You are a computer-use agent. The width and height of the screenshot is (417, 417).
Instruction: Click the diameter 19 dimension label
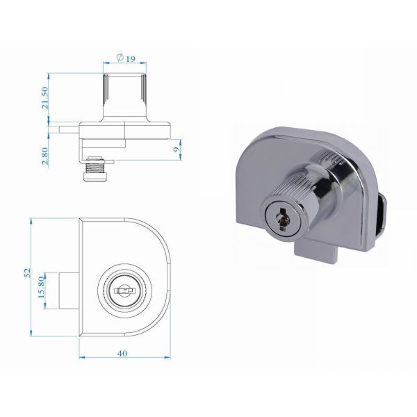click(126, 58)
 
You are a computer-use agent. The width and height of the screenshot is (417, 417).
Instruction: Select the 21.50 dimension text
click(45, 97)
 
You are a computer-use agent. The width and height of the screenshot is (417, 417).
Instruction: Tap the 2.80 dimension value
click(45, 156)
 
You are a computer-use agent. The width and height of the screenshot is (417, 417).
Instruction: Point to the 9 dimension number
click(176, 149)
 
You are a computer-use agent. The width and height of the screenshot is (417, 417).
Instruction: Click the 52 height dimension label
click(27, 273)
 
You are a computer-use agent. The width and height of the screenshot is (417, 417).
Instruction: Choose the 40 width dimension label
click(122, 353)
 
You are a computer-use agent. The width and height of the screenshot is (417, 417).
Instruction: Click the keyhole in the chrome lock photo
click(282, 219)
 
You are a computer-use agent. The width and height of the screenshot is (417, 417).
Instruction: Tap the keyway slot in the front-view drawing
click(124, 291)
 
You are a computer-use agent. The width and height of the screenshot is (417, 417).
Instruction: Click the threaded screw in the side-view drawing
click(95, 169)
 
